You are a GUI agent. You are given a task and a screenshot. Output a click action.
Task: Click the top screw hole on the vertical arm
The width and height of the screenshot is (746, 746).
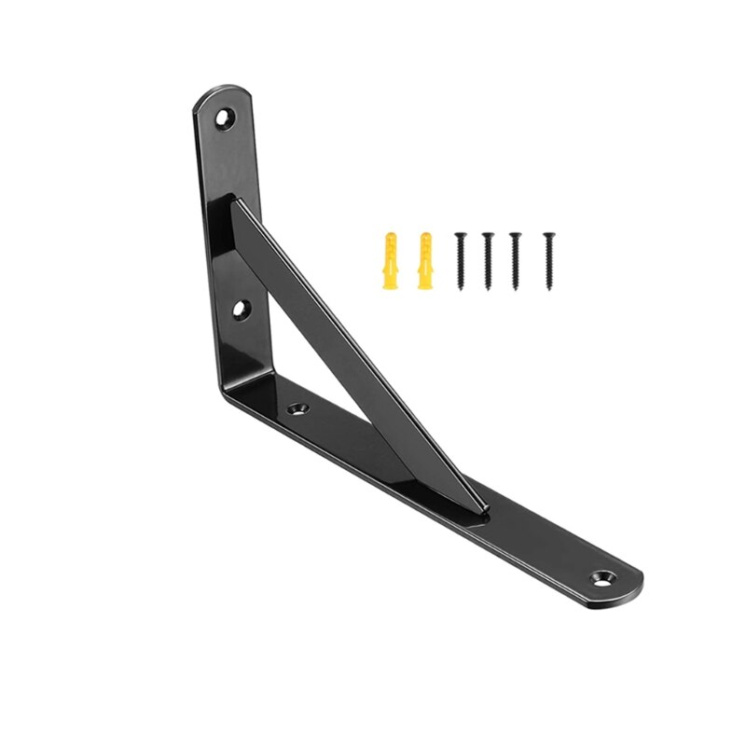click(x=224, y=118)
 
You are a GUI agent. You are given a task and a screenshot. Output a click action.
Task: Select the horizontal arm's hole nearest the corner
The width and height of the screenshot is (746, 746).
click(x=299, y=408)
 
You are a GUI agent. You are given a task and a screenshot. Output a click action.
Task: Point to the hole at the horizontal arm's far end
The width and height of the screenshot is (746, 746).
click(x=603, y=577)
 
